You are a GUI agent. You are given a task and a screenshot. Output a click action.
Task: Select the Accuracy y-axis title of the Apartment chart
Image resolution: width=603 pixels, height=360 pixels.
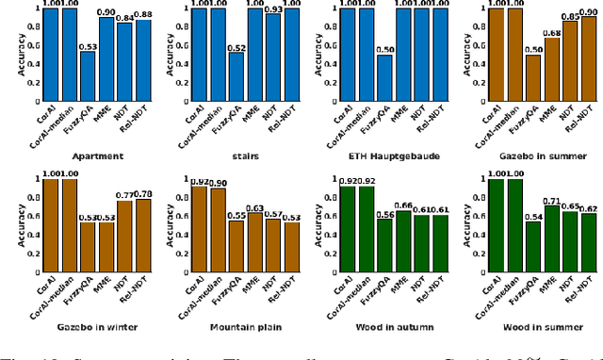pos(8,56)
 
